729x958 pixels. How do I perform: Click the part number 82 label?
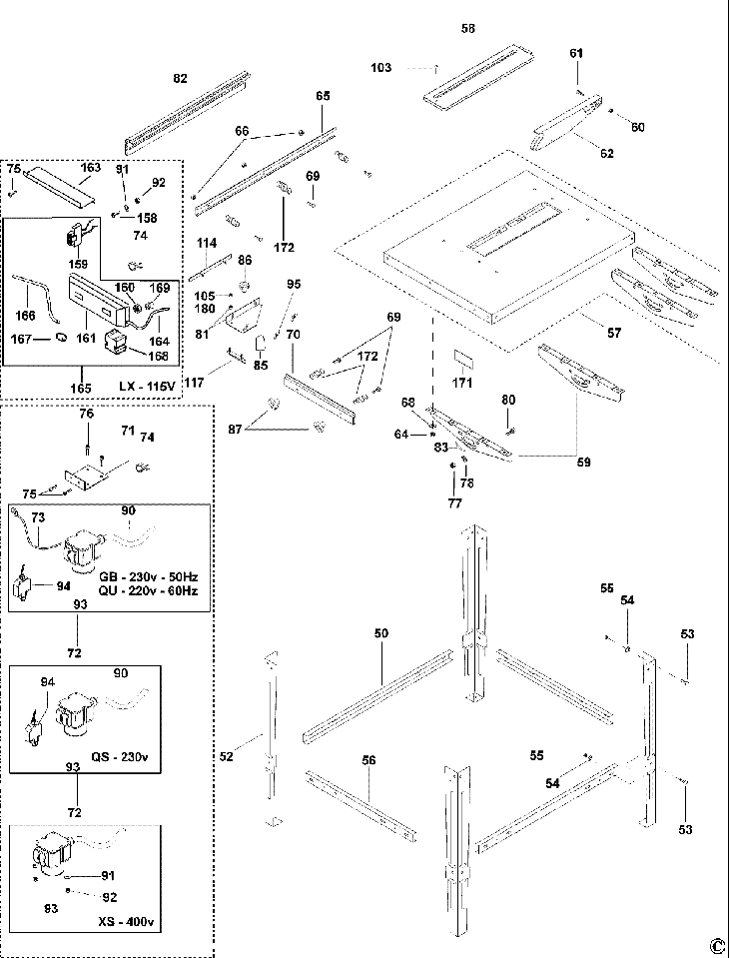180,77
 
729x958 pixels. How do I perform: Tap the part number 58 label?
467,30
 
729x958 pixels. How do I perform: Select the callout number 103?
380,68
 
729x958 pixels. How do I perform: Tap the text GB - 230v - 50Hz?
148,577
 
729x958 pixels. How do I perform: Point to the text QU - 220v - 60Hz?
148,591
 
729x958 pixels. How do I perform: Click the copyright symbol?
717,944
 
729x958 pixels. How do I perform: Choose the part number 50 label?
381,633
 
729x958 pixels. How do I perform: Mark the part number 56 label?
368,760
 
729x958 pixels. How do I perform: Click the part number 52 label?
227,757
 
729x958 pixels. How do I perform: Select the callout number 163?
91,168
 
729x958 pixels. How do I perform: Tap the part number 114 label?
207,244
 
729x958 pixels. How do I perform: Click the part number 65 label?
322,96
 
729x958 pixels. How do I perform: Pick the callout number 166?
25,316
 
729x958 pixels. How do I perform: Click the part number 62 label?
607,153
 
